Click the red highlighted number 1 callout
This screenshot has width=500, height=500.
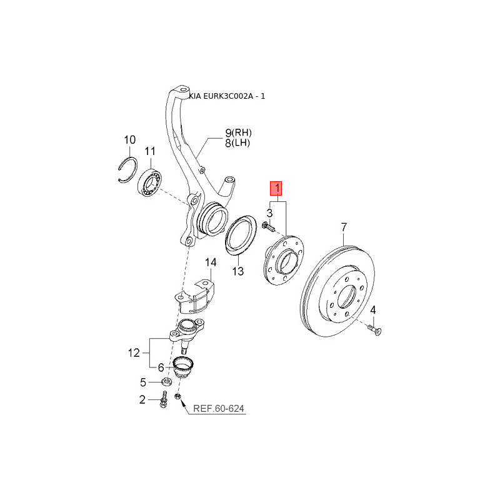point(276,188)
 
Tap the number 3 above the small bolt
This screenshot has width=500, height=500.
point(270,213)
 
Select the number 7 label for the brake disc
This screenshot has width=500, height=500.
point(344,227)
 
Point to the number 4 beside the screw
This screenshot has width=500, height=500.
point(372,309)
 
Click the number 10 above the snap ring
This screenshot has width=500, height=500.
point(130,139)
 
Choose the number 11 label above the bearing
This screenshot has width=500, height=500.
point(150,151)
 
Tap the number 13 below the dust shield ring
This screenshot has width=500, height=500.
point(238,271)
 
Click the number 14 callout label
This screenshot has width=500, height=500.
point(211,262)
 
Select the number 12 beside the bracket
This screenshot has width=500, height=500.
point(134,353)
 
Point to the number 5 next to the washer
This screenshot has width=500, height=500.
point(143,382)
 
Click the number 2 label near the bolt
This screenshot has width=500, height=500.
point(142,399)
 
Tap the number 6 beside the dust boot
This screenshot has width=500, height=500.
point(161,367)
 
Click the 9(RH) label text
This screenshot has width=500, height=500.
point(239,132)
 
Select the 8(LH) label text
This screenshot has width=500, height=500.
point(237,143)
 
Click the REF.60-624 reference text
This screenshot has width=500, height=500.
point(219,409)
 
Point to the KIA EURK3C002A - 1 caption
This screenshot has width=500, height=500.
point(227,96)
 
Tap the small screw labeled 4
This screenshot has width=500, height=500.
point(374,330)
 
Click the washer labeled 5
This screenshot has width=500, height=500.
point(166,381)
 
